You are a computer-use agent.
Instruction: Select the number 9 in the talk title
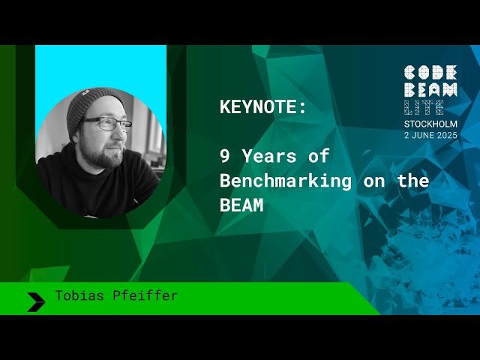224,157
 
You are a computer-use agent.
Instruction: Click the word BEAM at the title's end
241,205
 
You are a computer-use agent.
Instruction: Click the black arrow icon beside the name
36,301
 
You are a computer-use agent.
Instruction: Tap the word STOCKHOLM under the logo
430,124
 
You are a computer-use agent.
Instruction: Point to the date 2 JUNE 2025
430,135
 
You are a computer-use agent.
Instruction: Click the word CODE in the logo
430,73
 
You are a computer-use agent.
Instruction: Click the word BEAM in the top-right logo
430,89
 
